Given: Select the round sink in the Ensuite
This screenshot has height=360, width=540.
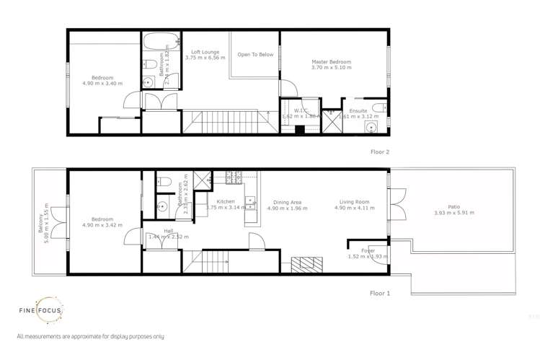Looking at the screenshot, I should (371, 128).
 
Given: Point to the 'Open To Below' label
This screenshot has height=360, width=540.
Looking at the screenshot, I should (255, 55).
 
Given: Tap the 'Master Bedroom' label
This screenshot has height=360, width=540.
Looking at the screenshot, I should (331, 62).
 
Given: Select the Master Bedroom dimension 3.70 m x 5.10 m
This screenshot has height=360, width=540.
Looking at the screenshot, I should (331, 70).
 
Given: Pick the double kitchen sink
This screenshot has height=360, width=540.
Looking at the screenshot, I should (249, 203).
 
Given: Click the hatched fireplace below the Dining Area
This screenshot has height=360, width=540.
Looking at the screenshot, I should (304, 264).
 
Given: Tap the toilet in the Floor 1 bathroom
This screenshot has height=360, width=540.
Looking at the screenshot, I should (163, 181).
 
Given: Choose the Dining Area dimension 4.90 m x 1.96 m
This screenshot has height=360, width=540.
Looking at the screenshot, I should (287, 208).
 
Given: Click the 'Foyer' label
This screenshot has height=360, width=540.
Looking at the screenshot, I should (368, 250).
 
